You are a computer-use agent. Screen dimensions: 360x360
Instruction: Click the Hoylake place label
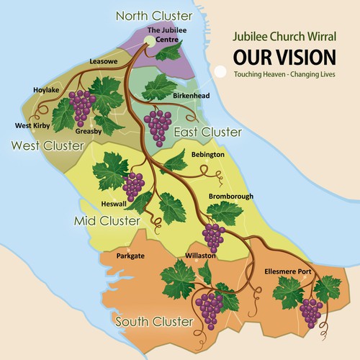coord(46,90)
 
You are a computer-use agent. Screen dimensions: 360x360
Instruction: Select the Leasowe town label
coord(103,63)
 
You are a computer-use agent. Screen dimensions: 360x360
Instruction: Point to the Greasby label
coord(89,132)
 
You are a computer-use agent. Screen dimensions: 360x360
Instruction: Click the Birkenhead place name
coord(192,95)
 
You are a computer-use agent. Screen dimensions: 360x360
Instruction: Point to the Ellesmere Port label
coord(289,271)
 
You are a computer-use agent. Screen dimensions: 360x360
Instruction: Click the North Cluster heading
coord(154,15)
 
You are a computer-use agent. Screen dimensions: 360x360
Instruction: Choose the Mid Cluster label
coord(107,220)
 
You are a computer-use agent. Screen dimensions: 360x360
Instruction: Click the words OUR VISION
coord(284,57)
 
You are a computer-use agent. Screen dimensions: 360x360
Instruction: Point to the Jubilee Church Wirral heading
coord(284,35)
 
